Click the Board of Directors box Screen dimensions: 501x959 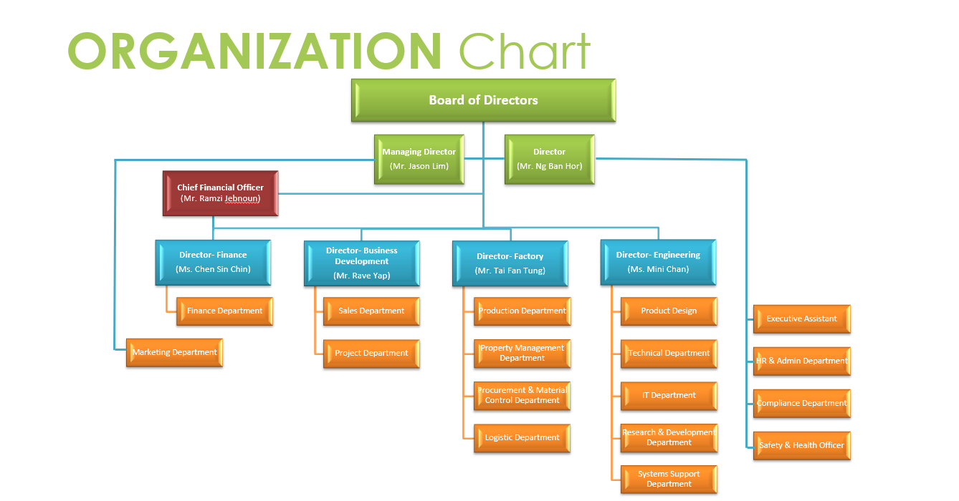click(483, 100)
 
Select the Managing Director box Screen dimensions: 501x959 click(419, 160)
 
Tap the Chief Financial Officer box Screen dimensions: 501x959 click(220, 193)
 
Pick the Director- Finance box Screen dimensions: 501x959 click(213, 262)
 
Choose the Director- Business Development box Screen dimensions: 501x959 click(362, 263)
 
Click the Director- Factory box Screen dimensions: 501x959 click(510, 263)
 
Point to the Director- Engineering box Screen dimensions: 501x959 click(658, 262)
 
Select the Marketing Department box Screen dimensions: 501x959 click(174, 352)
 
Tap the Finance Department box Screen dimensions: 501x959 click(224, 311)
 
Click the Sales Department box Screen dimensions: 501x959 click(371, 311)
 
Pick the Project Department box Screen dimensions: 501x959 click(371, 354)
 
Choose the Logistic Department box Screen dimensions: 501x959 click(522, 437)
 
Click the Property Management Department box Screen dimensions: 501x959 click(522, 354)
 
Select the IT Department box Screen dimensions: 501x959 click(669, 395)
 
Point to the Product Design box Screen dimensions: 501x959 click(669, 311)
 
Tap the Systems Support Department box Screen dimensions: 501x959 click(669, 479)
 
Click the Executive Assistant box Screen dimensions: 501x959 click(801, 319)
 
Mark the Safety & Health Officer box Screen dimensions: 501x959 click(801, 445)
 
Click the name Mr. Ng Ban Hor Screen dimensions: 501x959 click(550, 166)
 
